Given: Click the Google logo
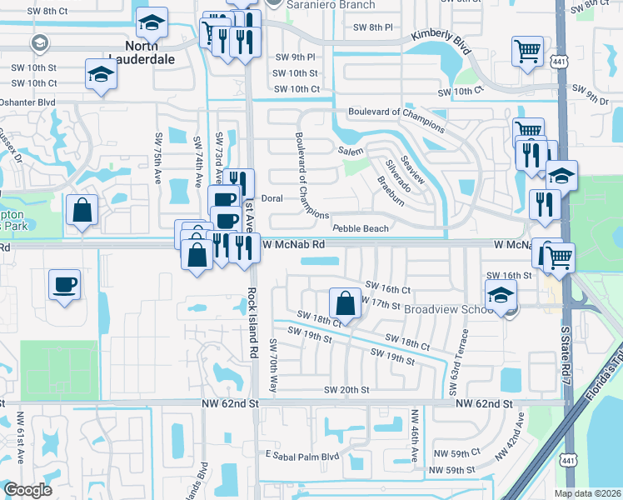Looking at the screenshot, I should click(27, 490).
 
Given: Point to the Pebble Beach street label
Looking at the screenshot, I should click(360, 228).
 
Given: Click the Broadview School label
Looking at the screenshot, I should click(451, 308).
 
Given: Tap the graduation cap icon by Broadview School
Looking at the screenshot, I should click(501, 294).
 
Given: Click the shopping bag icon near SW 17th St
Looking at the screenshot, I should click(344, 302).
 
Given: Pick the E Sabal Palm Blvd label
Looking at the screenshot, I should click(302, 456).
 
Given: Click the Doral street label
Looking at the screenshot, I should click(272, 198).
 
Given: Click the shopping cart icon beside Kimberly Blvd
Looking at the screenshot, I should click(528, 52).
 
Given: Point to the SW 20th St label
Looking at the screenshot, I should click(346, 390).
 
